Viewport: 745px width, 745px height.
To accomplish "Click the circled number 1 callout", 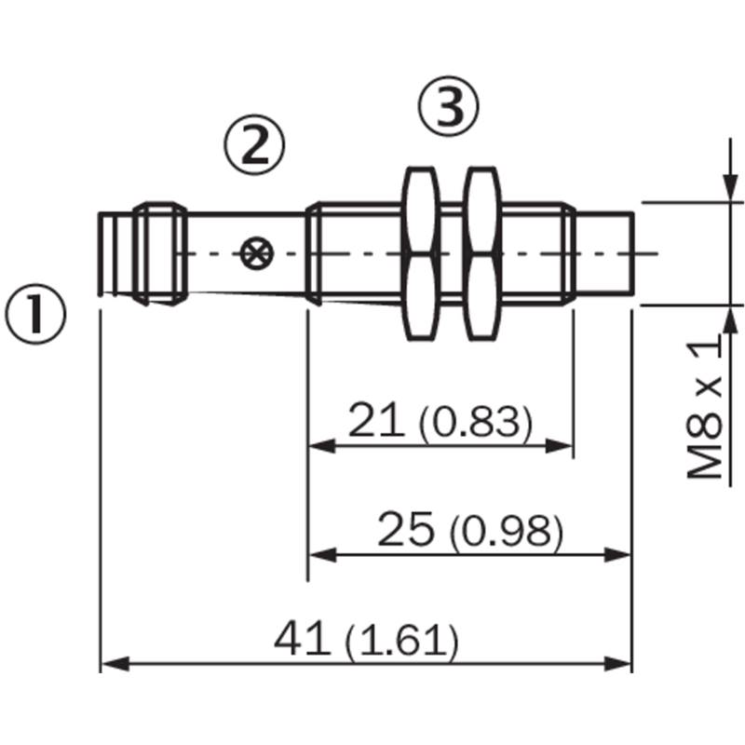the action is pos(35,314).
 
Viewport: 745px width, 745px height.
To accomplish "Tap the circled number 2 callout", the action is pos(254,144).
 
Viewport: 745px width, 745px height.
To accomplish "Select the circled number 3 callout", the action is pos(449,106).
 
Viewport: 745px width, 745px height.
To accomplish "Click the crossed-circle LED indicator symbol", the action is pos(257,253).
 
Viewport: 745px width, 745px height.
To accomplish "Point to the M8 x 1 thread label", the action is pos(705,407).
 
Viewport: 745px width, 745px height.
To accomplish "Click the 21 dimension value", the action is pos(376,420).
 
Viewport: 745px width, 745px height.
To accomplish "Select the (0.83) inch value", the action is pos(476,423).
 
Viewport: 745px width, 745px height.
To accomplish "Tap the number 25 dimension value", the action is pos(406,528).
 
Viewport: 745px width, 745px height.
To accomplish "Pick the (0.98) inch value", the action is pos(507,531).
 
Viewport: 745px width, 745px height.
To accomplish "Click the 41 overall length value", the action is pos(302,638).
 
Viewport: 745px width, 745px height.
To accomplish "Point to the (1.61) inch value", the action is pos(402,642).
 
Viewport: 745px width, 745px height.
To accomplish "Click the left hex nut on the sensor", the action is pos(421,253).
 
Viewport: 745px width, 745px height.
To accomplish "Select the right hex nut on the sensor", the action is pos(482,253).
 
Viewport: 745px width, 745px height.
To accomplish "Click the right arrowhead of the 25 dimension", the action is pos(617,554).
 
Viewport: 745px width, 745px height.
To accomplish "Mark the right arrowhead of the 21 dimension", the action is pos(560,446).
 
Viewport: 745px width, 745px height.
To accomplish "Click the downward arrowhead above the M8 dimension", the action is pos(731,187).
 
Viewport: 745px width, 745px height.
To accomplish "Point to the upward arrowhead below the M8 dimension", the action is pos(731,320).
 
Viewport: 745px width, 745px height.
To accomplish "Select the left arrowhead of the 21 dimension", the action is pos(322,446).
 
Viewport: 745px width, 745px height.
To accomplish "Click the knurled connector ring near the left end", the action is pos(160,253).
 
